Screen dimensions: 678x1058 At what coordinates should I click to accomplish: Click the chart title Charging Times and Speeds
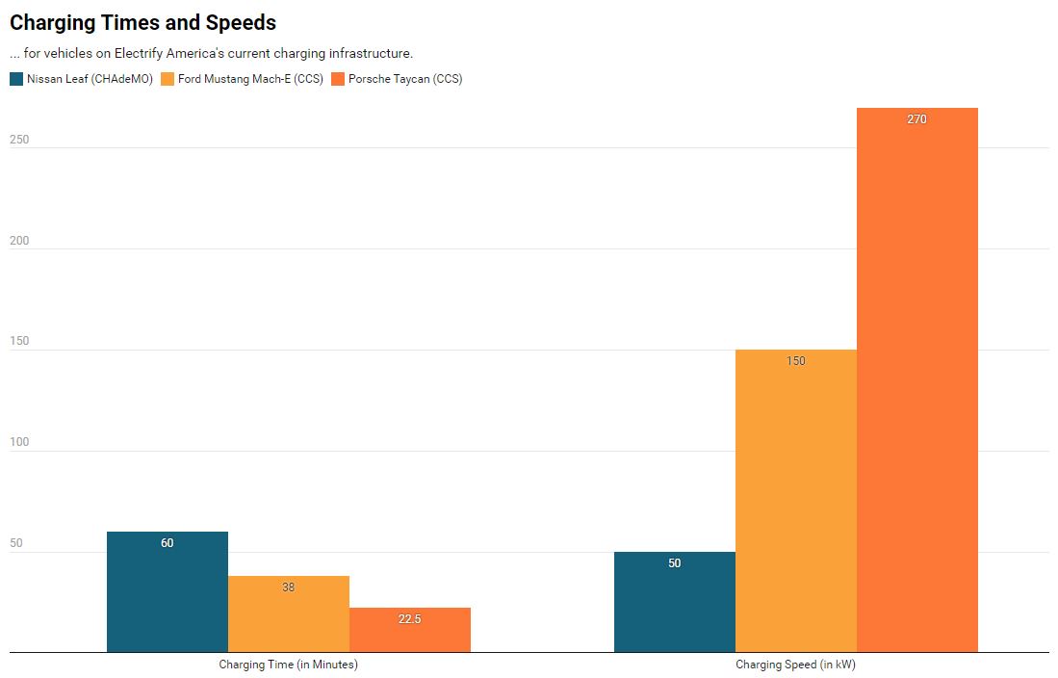(142, 22)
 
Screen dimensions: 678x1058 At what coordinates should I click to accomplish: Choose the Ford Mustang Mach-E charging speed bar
(795, 501)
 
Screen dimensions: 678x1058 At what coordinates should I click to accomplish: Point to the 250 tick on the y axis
(19, 140)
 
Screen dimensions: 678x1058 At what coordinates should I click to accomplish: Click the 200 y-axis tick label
(19, 241)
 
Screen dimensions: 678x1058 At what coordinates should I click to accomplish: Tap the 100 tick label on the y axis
(19, 442)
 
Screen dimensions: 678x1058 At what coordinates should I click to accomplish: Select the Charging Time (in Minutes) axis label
(288, 665)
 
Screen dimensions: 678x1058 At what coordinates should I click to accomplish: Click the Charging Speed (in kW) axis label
(795, 665)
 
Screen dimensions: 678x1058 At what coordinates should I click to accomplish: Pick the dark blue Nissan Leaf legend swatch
(16, 79)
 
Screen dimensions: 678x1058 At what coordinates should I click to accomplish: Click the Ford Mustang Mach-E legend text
(250, 79)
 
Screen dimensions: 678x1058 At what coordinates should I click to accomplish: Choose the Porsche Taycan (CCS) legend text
(405, 79)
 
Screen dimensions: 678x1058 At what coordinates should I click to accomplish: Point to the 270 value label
(916, 119)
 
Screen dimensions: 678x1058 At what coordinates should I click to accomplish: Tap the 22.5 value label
(410, 619)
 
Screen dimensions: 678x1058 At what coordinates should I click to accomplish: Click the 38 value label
(289, 587)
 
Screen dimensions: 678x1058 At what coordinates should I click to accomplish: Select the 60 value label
(168, 543)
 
